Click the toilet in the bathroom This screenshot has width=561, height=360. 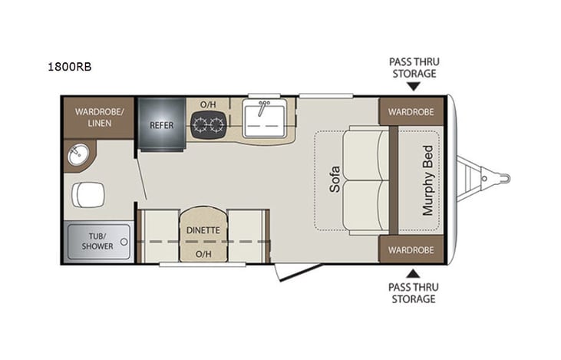click(x=87, y=194)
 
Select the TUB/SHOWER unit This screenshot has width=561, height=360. click(x=98, y=240)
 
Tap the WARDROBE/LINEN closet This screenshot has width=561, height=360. click(x=98, y=117)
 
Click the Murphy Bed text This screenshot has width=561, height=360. click(x=427, y=181)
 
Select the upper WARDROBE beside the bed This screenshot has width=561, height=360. click(x=411, y=111)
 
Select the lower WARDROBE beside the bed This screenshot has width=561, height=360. click(x=411, y=250)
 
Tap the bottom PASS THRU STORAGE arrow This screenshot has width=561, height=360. click(x=414, y=272)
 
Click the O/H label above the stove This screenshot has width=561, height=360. click(x=208, y=104)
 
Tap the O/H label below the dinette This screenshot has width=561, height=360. click(x=203, y=253)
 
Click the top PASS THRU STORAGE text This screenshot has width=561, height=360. click(x=414, y=68)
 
